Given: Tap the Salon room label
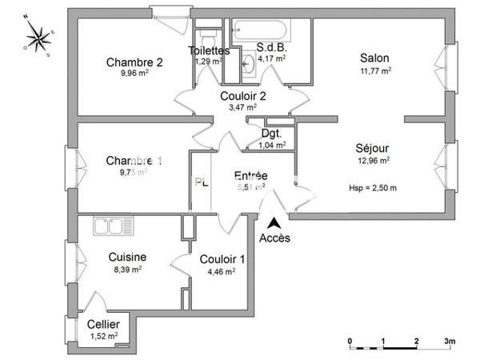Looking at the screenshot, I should click(x=374, y=58).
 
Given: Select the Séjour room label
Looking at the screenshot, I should click(x=373, y=148).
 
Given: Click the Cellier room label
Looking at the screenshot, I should click(x=104, y=323).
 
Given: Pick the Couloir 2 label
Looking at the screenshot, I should click(x=243, y=95).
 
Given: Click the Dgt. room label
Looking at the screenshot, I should click(x=271, y=134).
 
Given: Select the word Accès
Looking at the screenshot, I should click(x=275, y=238).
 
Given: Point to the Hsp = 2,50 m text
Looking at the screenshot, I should click(x=373, y=188).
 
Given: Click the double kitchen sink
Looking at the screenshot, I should click(x=112, y=227).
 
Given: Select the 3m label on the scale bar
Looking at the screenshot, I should click(x=450, y=341).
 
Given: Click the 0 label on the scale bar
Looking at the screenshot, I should click(x=350, y=341).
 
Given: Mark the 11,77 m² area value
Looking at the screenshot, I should click(x=374, y=70).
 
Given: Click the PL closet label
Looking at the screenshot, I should click(x=202, y=182).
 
